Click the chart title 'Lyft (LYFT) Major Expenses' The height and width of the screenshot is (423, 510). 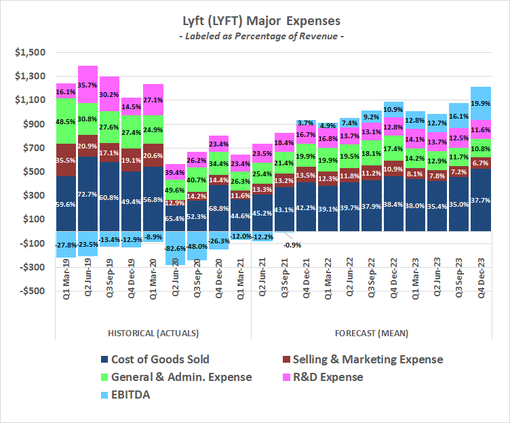click(254, 22)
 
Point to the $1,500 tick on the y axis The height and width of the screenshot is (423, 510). click(31, 52)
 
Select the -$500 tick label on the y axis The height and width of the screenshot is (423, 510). click(31, 291)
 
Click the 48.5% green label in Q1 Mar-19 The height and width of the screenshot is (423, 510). click(66, 121)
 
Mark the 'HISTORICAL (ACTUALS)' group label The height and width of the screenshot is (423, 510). click(153, 334)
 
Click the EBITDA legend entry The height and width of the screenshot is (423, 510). click(125, 395)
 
